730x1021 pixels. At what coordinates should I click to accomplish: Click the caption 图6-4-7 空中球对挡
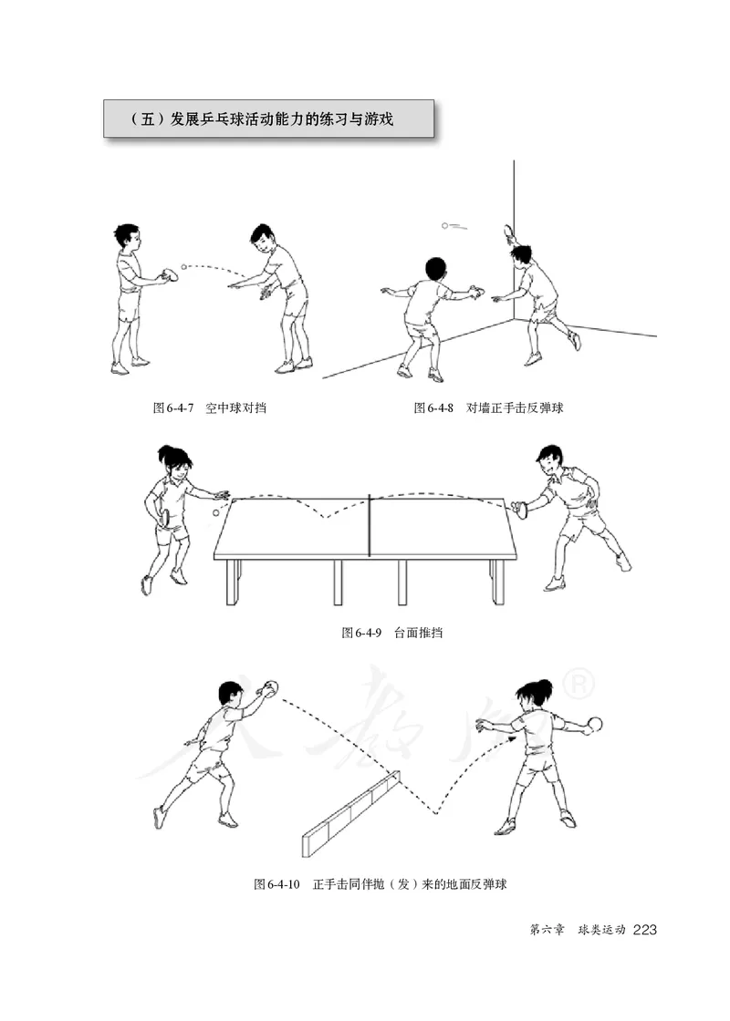tap(209, 407)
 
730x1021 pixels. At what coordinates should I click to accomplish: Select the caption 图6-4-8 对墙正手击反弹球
tap(488, 407)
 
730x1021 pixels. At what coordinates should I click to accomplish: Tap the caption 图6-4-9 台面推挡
tap(391, 632)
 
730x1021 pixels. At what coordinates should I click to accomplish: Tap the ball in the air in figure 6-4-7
tap(183, 267)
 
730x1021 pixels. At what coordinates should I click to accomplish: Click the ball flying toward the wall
tap(444, 224)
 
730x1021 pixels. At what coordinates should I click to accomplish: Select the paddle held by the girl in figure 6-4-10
tap(597, 726)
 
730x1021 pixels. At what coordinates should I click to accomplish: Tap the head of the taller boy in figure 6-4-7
tap(262, 240)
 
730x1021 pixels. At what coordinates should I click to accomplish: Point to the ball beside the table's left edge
tap(215, 514)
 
